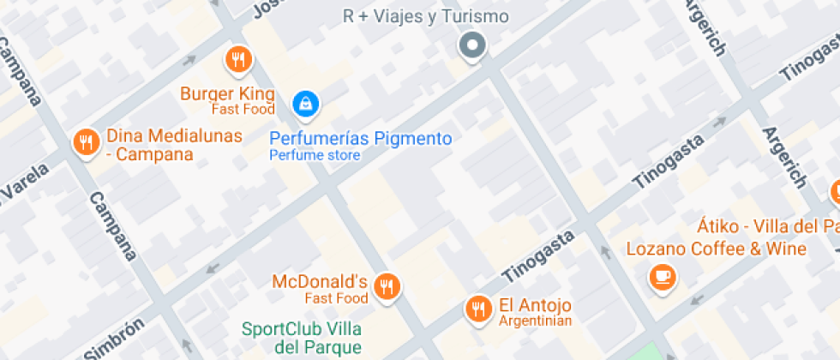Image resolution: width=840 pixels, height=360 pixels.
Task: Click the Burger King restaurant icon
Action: click(238, 60)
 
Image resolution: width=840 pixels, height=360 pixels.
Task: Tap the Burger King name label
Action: click(227, 93)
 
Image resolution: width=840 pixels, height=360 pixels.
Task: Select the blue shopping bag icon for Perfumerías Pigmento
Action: click(304, 105)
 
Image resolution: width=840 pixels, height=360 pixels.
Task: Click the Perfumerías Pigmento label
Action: click(360, 138)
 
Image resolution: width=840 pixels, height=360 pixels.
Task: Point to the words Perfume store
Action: click(315, 156)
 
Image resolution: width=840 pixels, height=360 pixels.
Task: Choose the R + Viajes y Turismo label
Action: click(424, 16)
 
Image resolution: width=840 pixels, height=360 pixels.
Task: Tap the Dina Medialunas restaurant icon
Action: click(85, 142)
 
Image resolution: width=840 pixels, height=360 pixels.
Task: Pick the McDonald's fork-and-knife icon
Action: click(388, 286)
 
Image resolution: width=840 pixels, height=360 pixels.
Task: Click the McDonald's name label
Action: click(320, 281)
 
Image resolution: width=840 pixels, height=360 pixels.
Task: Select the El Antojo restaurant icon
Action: click(477, 309)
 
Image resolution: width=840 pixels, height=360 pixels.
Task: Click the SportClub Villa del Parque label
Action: click(301, 338)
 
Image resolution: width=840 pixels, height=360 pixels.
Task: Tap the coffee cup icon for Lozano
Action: click(662, 276)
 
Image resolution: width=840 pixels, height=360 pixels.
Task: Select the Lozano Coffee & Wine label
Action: click(717, 249)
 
